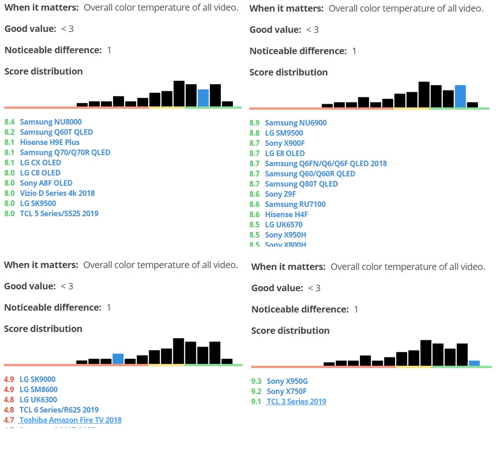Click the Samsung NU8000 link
(x=50, y=122)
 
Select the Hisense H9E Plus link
(x=50, y=142)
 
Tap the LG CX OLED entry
(x=40, y=163)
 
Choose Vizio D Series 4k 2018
(x=57, y=193)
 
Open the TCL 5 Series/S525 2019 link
(x=59, y=213)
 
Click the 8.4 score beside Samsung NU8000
(x=9, y=122)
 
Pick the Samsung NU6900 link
(x=296, y=123)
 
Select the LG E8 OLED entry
(x=284, y=153)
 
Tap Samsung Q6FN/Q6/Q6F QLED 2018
(x=326, y=163)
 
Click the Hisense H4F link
(x=286, y=214)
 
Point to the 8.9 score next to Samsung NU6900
(x=254, y=123)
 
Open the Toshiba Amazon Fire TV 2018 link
(x=70, y=420)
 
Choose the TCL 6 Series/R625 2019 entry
(x=59, y=410)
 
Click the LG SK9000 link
(x=37, y=379)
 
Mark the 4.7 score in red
(x=9, y=420)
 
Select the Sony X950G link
(x=287, y=381)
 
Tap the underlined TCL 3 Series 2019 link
(x=296, y=401)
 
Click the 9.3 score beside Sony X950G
(x=256, y=381)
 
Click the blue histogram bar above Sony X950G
(x=474, y=363)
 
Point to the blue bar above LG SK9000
(x=118, y=358)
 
